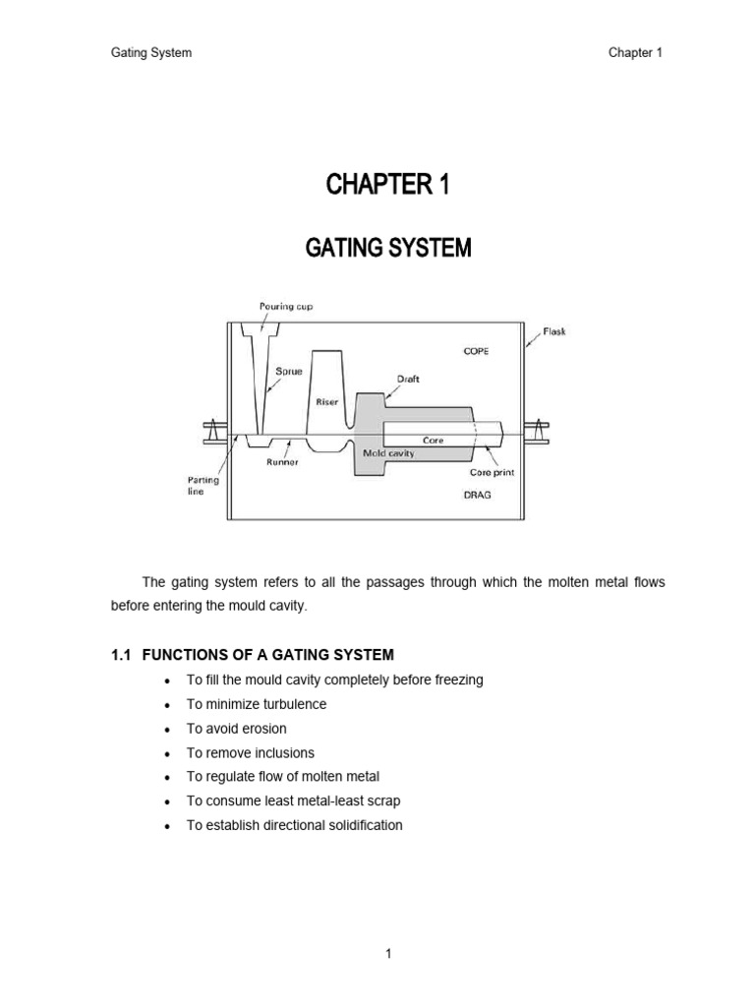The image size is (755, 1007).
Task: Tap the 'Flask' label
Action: pyautogui.click(x=553, y=331)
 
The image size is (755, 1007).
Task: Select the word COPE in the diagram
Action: pyautogui.click(x=478, y=350)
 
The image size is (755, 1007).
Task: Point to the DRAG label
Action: pyautogui.click(x=478, y=495)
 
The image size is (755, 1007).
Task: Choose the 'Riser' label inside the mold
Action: pyautogui.click(x=327, y=401)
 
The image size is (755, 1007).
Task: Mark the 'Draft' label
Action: pyautogui.click(x=408, y=378)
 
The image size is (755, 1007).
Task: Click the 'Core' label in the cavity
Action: pyautogui.click(x=434, y=441)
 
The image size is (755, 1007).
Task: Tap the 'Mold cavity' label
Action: pyautogui.click(x=389, y=453)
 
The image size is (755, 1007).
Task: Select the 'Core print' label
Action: pyautogui.click(x=492, y=472)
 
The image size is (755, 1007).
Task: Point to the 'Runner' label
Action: pyautogui.click(x=282, y=461)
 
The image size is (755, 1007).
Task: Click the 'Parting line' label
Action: pyautogui.click(x=198, y=486)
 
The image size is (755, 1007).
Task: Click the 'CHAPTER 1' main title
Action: pyautogui.click(x=387, y=184)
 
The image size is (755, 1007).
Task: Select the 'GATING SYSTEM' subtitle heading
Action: pyautogui.click(x=387, y=249)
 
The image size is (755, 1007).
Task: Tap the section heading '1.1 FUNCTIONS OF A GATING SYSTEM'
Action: pyautogui.click(x=253, y=655)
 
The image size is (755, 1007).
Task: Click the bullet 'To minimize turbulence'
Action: pyautogui.click(x=256, y=704)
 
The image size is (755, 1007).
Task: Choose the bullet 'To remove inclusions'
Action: pyautogui.click(x=250, y=752)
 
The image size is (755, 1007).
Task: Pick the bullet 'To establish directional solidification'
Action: pyautogui.click(x=294, y=825)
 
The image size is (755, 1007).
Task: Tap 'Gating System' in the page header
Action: pyautogui.click(x=150, y=53)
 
